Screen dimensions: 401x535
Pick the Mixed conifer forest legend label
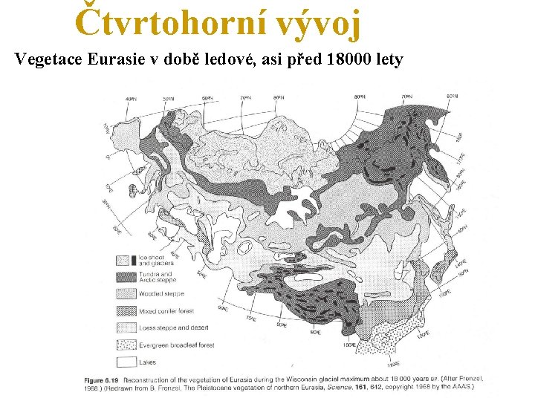[x=166, y=311]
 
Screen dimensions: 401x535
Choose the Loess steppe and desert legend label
[x=172, y=327]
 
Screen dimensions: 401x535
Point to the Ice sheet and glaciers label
[x=157, y=261]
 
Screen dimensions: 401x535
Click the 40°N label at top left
[x=131, y=99]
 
